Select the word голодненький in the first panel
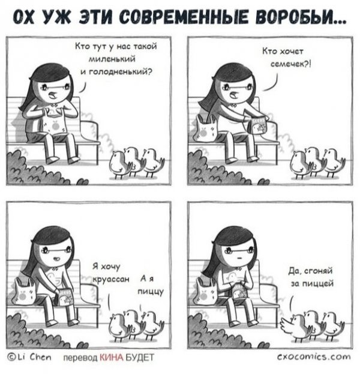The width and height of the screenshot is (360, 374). click(120, 72)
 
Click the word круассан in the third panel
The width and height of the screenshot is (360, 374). click(111, 279)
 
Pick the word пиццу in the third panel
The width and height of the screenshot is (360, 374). click(151, 292)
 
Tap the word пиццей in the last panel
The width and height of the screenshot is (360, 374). click(318, 284)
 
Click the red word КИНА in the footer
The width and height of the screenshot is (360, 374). click(111, 358)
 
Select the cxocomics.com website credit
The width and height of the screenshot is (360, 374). click(314, 357)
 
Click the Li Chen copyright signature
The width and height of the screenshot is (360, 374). click(29, 357)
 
